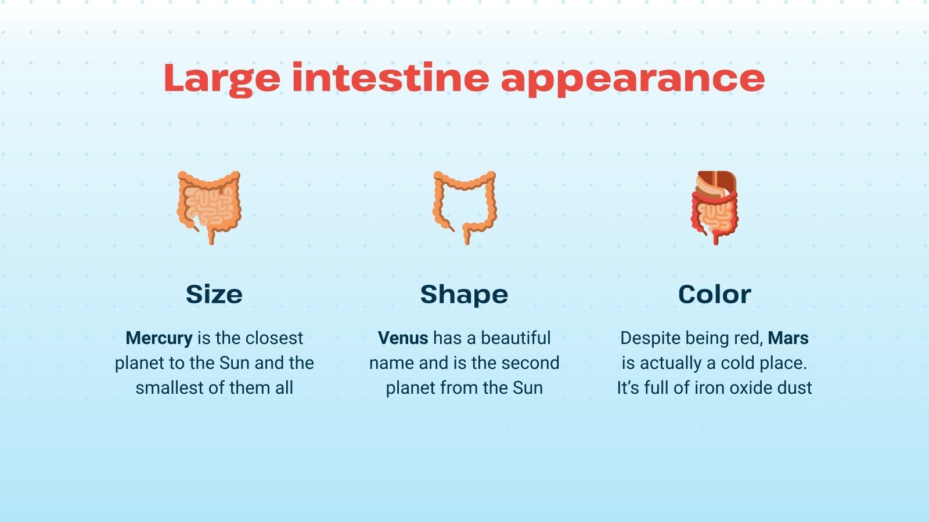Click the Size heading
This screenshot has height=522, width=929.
click(214, 294)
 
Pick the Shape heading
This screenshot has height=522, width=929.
click(464, 295)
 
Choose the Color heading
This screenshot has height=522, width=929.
click(714, 294)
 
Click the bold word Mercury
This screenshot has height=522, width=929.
click(159, 338)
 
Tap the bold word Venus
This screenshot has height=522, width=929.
click(403, 338)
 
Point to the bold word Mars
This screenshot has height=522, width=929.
click(788, 338)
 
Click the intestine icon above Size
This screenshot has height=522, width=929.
click(208, 206)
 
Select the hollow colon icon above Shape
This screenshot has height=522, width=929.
click(464, 206)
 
